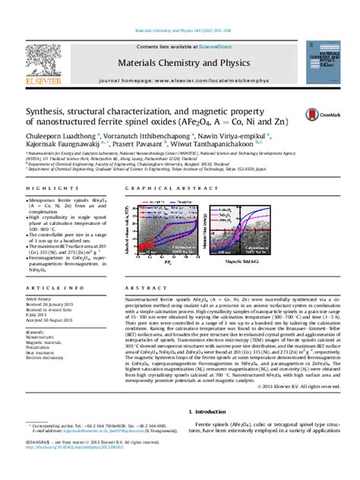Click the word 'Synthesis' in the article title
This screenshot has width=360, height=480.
(x=47, y=110)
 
